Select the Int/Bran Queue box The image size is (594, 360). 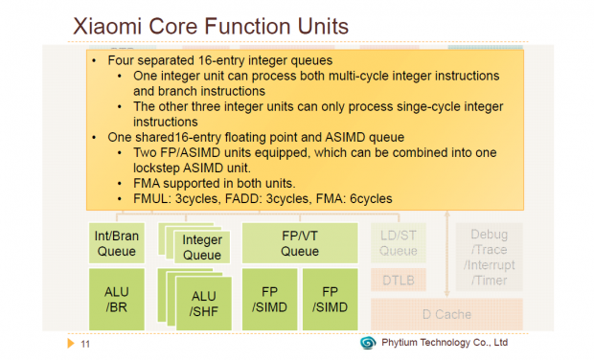(x=117, y=243)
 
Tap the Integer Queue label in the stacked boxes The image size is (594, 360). (x=201, y=247)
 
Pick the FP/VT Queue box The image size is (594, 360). (x=299, y=243)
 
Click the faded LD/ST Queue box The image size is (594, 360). (x=398, y=243)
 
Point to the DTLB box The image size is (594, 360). (x=398, y=280)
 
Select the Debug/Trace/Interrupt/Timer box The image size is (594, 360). (x=489, y=257)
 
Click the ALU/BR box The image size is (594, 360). (x=117, y=298)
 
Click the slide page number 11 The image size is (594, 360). (x=85, y=344)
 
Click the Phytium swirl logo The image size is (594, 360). (x=368, y=343)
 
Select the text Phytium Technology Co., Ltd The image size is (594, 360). (x=445, y=343)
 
